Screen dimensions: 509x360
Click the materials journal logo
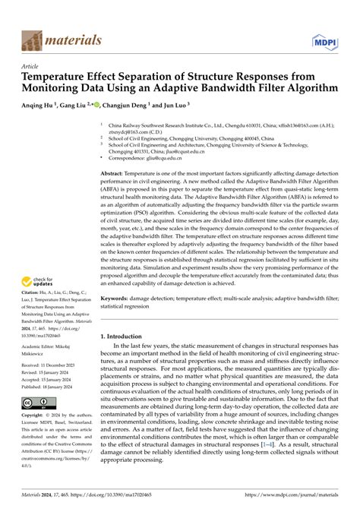[55, 37]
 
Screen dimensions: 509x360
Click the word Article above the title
[32, 67]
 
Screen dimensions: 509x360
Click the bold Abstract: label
[115, 174]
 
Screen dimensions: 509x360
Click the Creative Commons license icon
[36, 403]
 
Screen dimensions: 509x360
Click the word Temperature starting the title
[62, 78]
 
